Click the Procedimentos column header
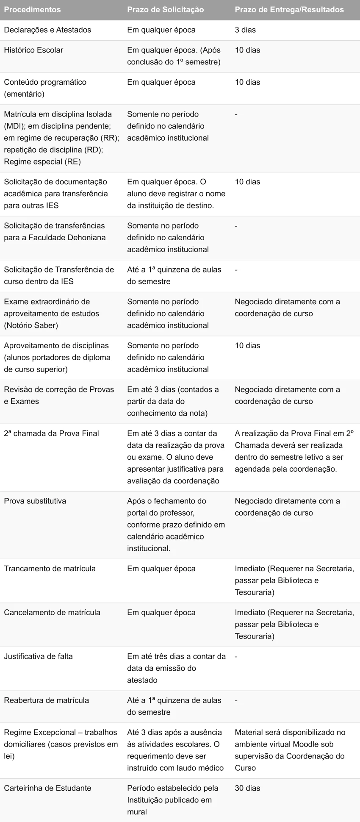tap(32, 9)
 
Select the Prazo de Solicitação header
tap(165, 9)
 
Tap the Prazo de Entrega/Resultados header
tap(289, 9)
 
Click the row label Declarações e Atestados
tap(47, 30)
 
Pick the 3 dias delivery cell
tap(245, 30)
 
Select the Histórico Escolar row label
tap(33, 50)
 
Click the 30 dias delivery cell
tap(247, 788)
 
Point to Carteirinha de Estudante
tap(47, 788)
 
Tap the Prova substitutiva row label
tap(35, 501)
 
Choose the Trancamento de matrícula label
tap(50, 569)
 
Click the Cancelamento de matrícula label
tap(52, 613)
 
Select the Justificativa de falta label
tap(38, 656)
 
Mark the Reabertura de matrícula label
tap(47, 700)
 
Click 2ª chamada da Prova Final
tap(51, 433)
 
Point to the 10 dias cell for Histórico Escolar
tap(247, 50)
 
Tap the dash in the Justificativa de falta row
tap(236, 656)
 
